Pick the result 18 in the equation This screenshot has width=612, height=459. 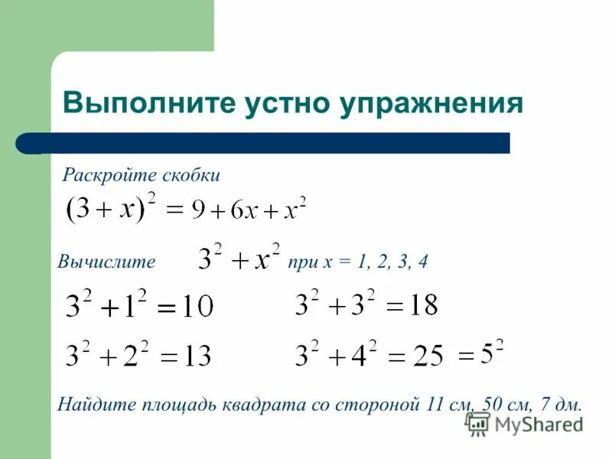click(x=422, y=307)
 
